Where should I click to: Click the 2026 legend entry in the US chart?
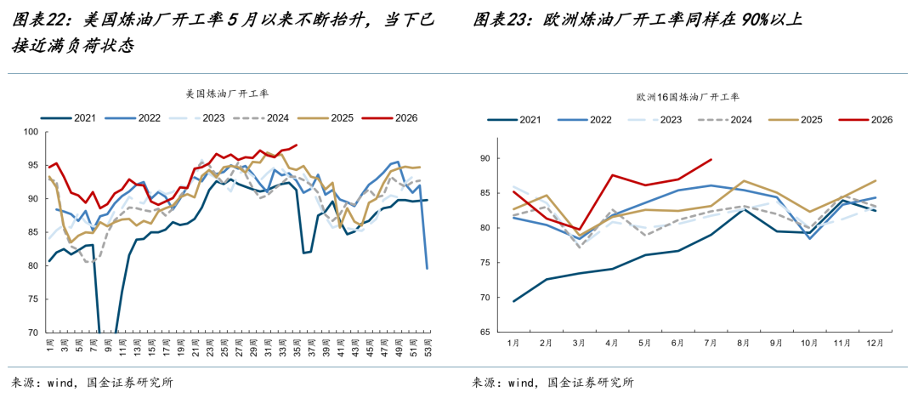(x=389, y=117)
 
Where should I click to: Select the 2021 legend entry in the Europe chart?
(x=514, y=120)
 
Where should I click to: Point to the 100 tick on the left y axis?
(x=31, y=133)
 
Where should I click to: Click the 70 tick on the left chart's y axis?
(x=33, y=333)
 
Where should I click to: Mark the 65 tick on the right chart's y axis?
(x=485, y=333)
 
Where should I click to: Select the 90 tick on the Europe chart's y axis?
(x=485, y=159)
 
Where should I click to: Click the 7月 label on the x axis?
(x=711, y=343)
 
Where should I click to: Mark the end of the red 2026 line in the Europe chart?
(x=711, y=159)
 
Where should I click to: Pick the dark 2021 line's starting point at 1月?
(x=513, y=302)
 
